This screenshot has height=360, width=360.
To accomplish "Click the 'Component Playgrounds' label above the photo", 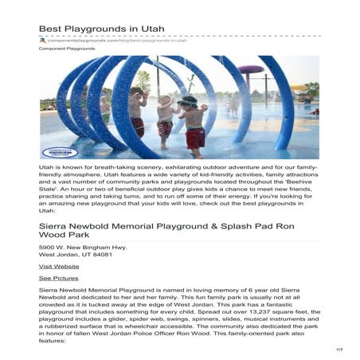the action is (x=67, y=49).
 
